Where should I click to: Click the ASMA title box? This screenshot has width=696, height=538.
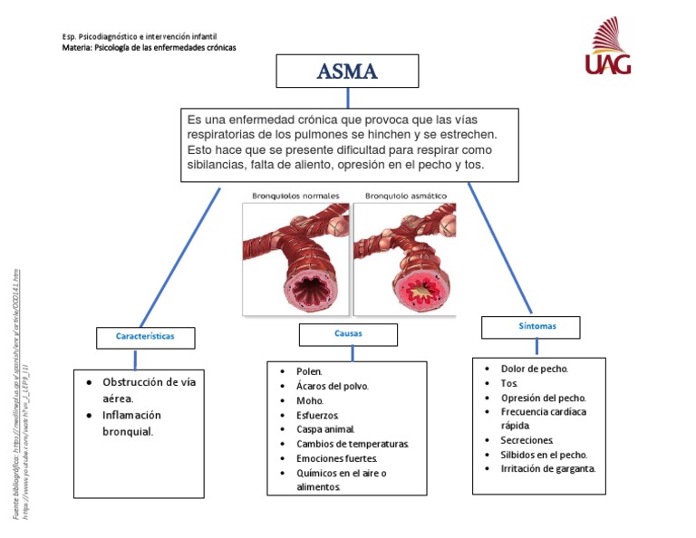(x=347, y=72)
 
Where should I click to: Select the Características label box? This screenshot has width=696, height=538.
(x=145, y=337)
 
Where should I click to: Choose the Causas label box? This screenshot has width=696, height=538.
(x=348, y=334)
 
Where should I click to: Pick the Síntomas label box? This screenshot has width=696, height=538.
(x=530, y=327)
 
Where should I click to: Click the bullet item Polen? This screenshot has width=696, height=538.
(x=309, y=371)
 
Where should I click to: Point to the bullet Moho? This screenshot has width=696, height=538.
(x=310, y=400)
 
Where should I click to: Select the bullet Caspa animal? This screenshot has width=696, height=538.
(x=325, y=429)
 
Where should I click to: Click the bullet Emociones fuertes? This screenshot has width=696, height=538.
(x=335, y=458)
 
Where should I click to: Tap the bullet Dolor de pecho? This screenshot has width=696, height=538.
(x=535, y=369)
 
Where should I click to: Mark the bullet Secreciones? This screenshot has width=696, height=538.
(x=527, y=440)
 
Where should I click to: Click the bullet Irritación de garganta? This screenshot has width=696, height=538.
(x=547, y=469)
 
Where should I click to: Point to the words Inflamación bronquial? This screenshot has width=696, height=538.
(x=131, y=423)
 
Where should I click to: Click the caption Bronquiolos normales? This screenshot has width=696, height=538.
(x=295, y=196)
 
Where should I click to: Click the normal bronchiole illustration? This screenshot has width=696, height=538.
(x=295, y=258)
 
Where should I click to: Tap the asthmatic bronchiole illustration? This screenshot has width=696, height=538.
(x=404, y=258)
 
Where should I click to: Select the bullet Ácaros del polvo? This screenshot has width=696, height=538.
(x=332, y=386)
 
